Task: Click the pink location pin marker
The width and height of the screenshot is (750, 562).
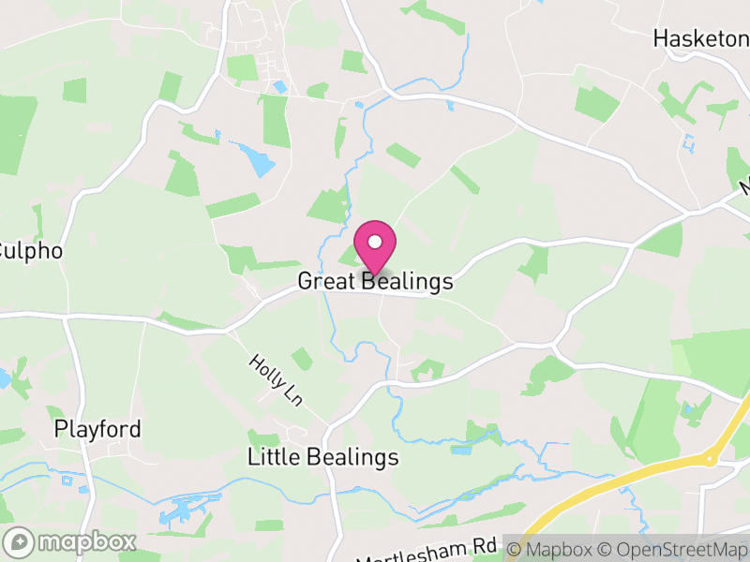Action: pyautogui.click(x=375, y=245)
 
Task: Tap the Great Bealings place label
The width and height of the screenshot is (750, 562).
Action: pyautogui.click(x=375, y=281)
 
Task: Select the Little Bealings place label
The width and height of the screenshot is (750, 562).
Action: pyautogui.click(x=323, y=457)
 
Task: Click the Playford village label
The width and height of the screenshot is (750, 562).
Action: pyautogui.click(x=97, y=430)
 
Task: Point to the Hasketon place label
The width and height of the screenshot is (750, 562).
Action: pyautogui.click(x=701, y=39)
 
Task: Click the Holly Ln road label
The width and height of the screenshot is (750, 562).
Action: pyautogui.click(x=275, y=380)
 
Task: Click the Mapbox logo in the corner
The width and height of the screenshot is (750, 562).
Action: pyautogui.click(x=71, y=541)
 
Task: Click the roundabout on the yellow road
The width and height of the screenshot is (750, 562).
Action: pyautogui.click(x=710, y=458)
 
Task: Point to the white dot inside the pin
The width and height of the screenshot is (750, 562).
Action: pyautogui.click(x=375, y=243)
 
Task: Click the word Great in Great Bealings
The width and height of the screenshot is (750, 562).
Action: pyautogui.click(x=325, y=281)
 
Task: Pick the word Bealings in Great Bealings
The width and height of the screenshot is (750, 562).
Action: pyautogui.click(x=405, y=281)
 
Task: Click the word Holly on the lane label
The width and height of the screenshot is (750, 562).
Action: pyautogui.click(x=265, y=371)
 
